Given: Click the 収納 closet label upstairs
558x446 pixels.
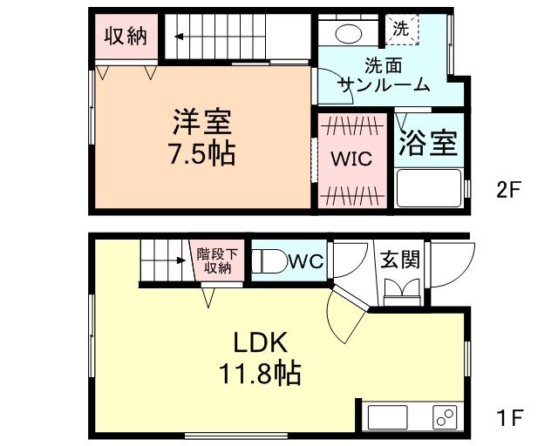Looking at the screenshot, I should pyautogui.click(x=126, y=37).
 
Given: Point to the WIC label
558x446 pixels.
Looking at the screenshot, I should pyautogui.click(x=350, y=159).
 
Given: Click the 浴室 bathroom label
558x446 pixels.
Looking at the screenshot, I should pyautogui.click(x=428, y=143).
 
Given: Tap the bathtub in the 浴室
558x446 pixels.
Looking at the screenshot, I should pyautogui.click(x=428, y=187).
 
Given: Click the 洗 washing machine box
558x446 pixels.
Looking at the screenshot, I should pyautogui.click(x=402, y=29).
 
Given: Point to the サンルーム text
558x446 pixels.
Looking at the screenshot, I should pyautogui.click(x=384, y=84).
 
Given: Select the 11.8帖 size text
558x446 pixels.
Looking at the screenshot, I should pyautogui.click(x=259, y=375).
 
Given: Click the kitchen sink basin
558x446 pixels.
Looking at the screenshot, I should pyautogui.click(x=388, y=417).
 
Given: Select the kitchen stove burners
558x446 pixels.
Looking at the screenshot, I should pyautogui.click(x=446, y=417).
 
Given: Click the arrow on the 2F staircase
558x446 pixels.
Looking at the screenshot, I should pyautogui.click(x=181, y=37).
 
